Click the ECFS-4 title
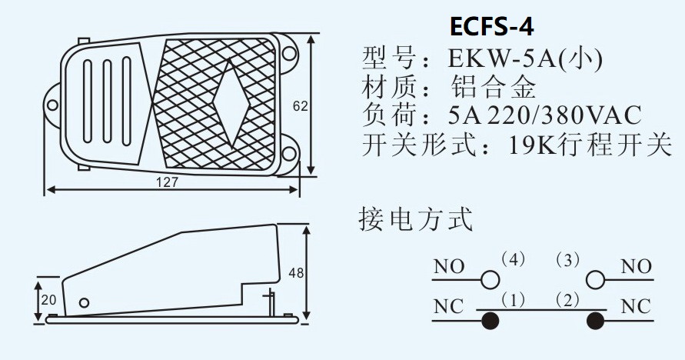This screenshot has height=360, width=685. [x=492, y=26]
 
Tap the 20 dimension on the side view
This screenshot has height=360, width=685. [x=48, y=300]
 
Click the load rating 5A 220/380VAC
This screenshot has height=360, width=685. [x=544, y=115]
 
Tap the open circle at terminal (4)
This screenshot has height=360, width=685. [x=489, y=278]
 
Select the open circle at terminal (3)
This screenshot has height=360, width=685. [x=594, y=278]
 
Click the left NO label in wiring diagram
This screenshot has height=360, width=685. [x=449, y=267]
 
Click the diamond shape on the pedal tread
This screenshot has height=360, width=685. [x=229, y=97]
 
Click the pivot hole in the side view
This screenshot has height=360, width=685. [x=85, y=302]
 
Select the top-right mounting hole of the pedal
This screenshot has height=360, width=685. [x=289, y=53]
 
